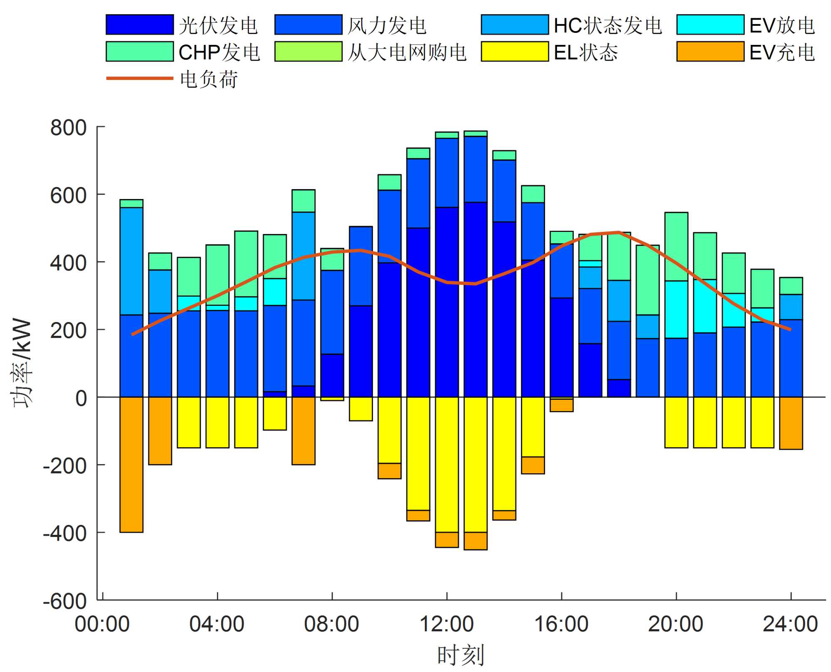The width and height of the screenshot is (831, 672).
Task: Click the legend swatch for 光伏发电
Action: click(140, 25)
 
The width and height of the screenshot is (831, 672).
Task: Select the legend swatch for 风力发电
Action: click(308, 25)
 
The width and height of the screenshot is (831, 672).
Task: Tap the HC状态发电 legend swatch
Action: click(515, 25)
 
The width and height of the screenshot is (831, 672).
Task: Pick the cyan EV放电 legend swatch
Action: click(710, 25)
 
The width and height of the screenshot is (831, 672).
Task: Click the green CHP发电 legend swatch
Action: click(140, 52)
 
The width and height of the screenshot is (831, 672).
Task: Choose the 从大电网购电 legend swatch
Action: click(308, 52)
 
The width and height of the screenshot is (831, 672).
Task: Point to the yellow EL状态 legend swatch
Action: click(515, 52)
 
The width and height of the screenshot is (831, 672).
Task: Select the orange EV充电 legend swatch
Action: click(710, 52)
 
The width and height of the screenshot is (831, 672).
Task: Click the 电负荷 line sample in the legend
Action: click(140, 78)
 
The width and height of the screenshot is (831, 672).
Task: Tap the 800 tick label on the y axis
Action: click(69, 128)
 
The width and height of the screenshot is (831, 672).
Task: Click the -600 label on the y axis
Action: click(65, 601)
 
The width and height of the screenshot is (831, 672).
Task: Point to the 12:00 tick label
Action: click(447, 624)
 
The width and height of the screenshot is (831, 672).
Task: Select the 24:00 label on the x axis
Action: click(790, 624)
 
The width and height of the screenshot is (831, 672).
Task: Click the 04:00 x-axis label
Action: click(217, 624)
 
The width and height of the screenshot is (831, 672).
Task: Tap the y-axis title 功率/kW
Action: click(22, 364)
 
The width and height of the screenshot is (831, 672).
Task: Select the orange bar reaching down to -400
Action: click(131, 465)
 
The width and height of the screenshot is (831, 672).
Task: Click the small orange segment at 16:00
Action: click(562, 405)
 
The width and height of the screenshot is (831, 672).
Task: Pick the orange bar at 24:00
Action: click(791, 423)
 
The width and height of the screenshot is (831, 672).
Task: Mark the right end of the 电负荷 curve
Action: click(790, 330)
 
